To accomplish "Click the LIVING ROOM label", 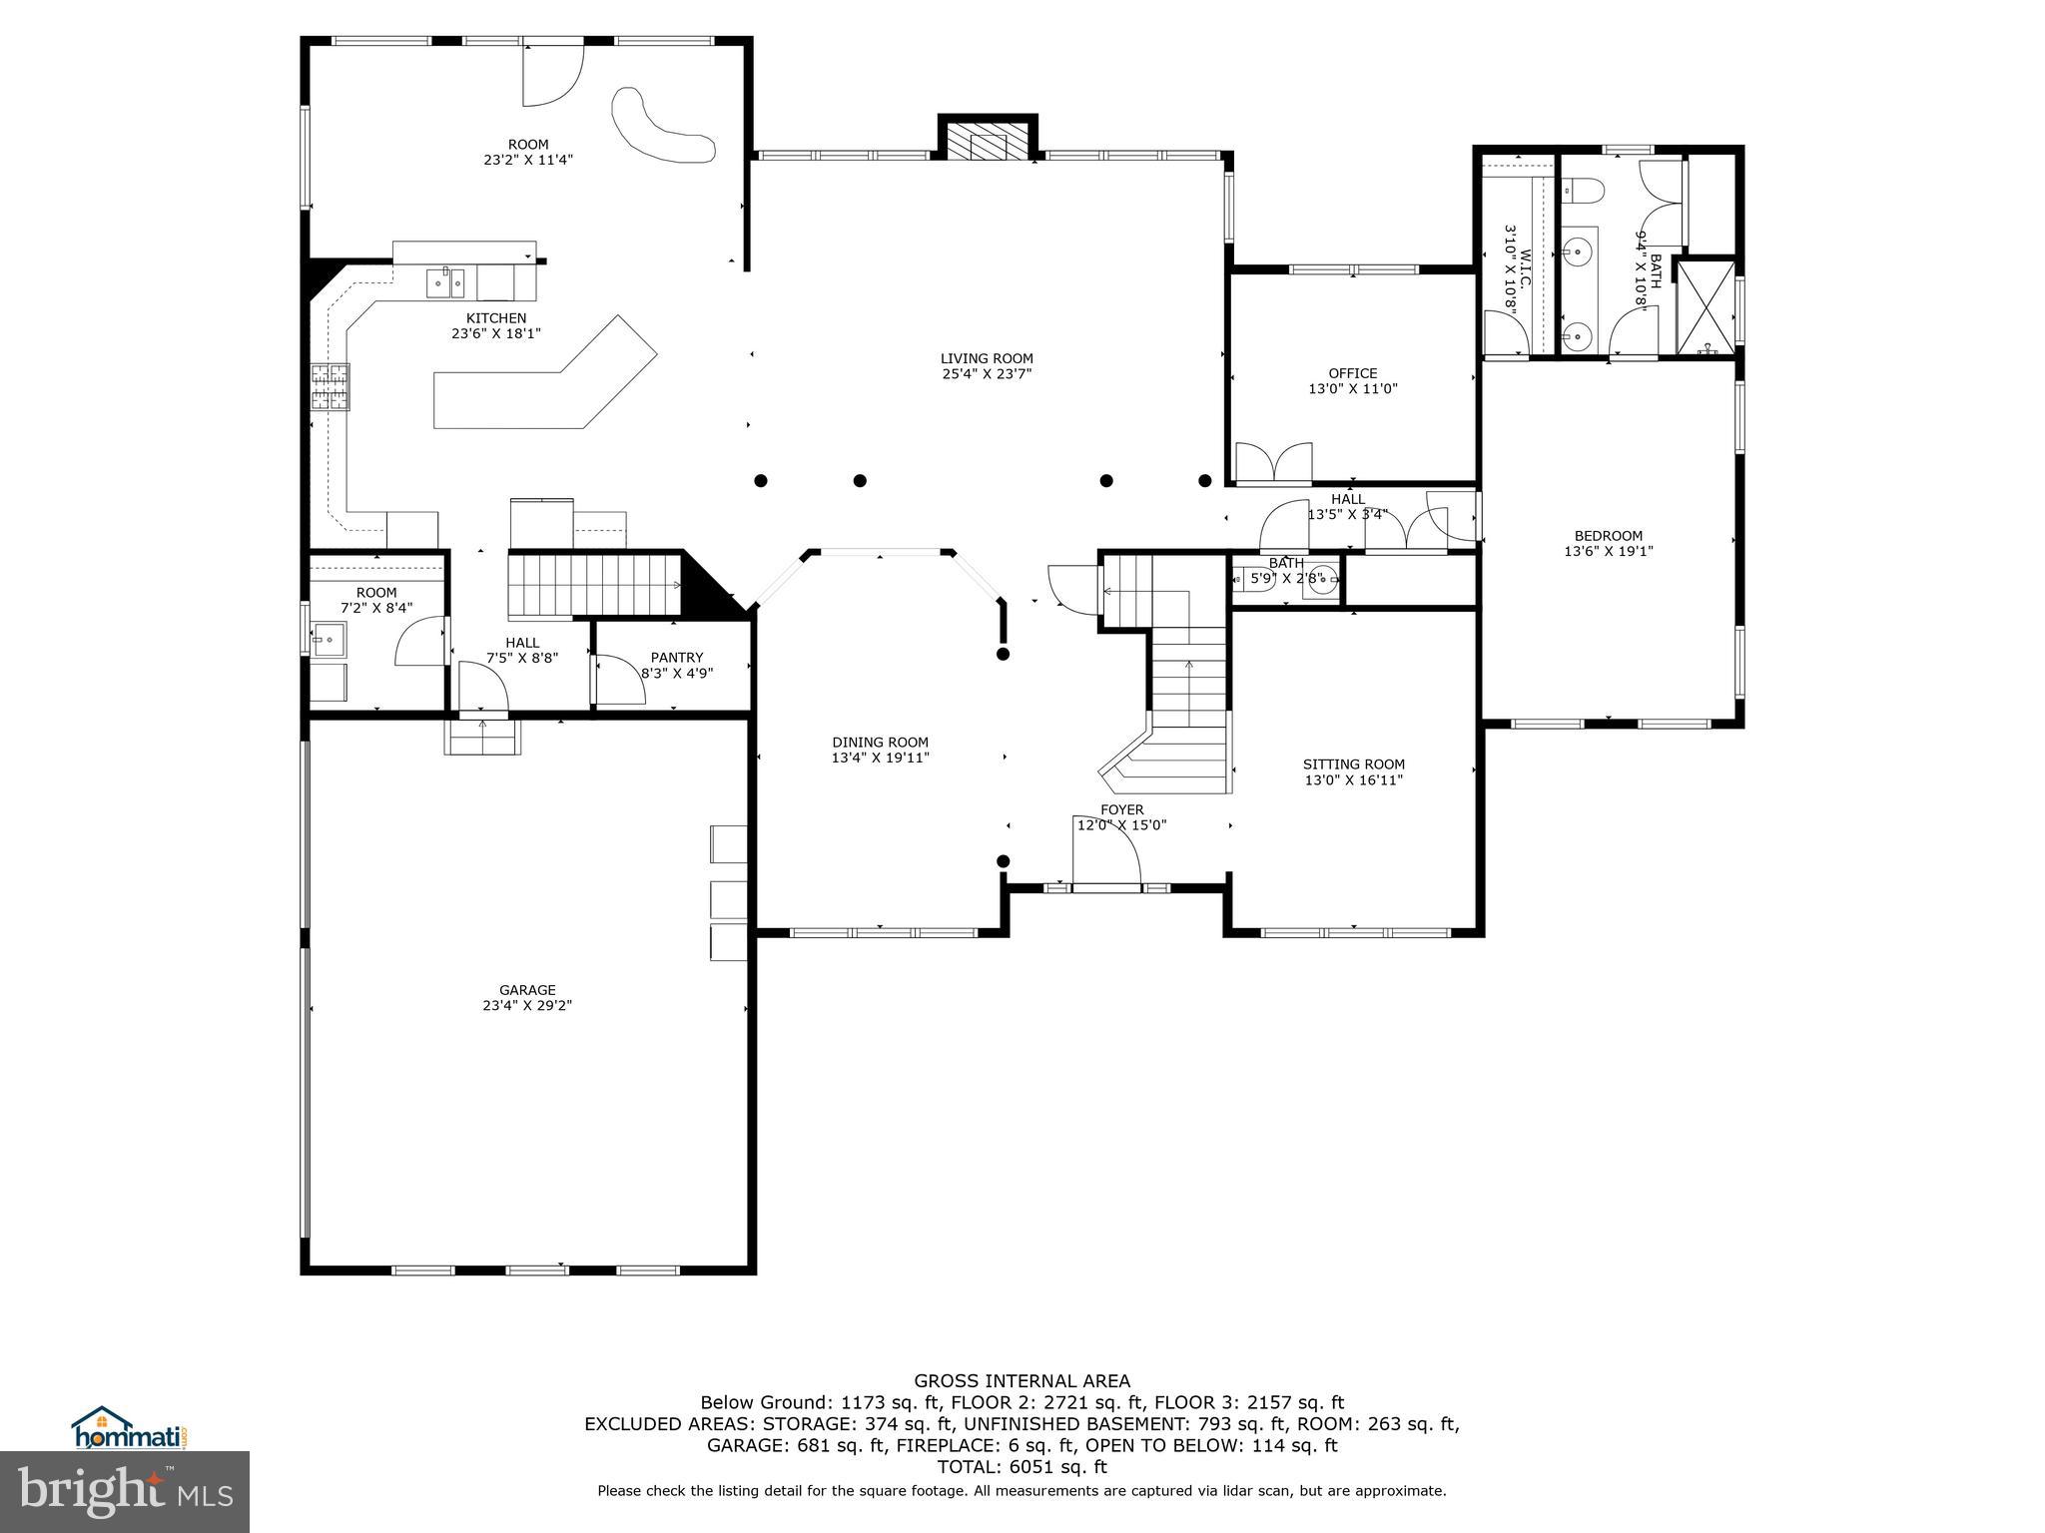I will (986, 358).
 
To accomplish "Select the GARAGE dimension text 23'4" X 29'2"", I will (526, 1006).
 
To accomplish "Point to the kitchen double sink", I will (445, 282).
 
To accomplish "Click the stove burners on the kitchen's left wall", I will (331, 388).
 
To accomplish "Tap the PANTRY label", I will (676, 657).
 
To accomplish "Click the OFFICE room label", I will (1352, 373).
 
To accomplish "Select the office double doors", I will (1273, 463).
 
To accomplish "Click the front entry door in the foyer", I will (1106, 885).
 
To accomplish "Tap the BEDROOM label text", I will (1608, 536).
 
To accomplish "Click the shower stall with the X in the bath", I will (1705, 306).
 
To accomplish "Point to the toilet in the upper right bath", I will (1583, 189).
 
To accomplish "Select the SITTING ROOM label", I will (1353, 765).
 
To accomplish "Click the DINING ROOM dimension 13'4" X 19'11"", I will (880, 758).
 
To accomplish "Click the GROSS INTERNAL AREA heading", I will (1022, 1381).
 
